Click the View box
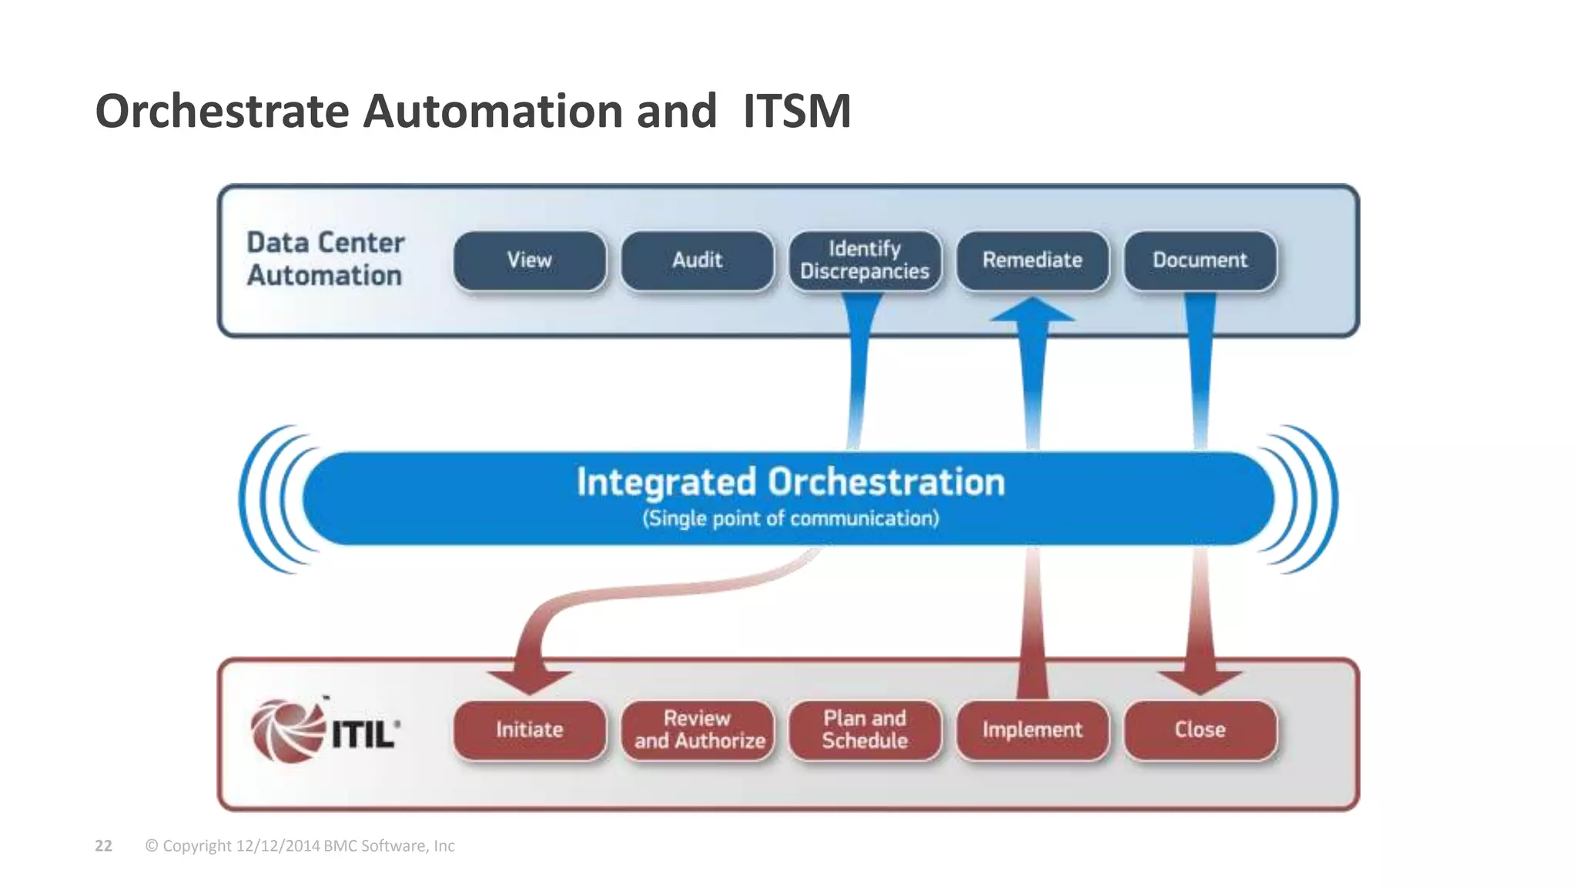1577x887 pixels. (x=530, y=260)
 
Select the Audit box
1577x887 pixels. (x=697, y=260)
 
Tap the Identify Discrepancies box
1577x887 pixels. (x=865, y=260)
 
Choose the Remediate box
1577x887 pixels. (x=1032, y=260)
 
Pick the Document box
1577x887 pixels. (x=1200, y=260)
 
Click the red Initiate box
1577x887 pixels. (x=530, y=729)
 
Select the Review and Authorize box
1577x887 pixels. (x=698, y=729)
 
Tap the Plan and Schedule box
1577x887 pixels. (x=865, y=729)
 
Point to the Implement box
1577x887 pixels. (x=1032, y=729)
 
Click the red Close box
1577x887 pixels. (x=1200, y=729)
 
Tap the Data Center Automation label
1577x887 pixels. (x=325, y=259)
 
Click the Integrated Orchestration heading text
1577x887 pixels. (x=791, y=482)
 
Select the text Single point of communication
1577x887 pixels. (x=791, y=518)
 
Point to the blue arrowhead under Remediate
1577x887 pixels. (x=1033, y=310)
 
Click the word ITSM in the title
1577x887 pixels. (x=797, y=111)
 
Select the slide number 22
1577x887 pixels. (x=103, y=845)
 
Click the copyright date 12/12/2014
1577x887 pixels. (x=278, y=845)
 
